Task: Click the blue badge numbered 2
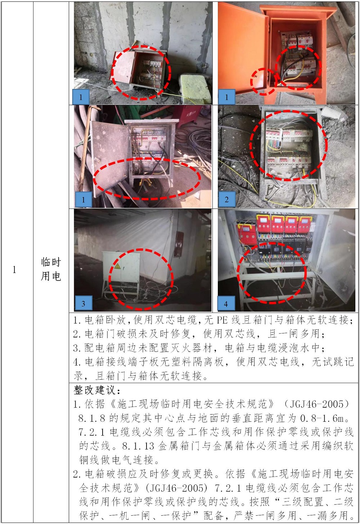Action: point(227,199)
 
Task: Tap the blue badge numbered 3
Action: point(84,303)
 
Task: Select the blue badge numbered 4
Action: point(226,303)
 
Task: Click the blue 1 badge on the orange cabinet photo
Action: point(226,97)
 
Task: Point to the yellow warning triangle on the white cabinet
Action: point(117,266)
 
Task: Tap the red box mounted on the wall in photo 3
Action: point(180,244)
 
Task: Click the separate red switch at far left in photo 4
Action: point(247,234)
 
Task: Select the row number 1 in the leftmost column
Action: point(14,269)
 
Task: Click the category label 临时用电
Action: point(51,269)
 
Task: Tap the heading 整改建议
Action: point(97,390)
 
